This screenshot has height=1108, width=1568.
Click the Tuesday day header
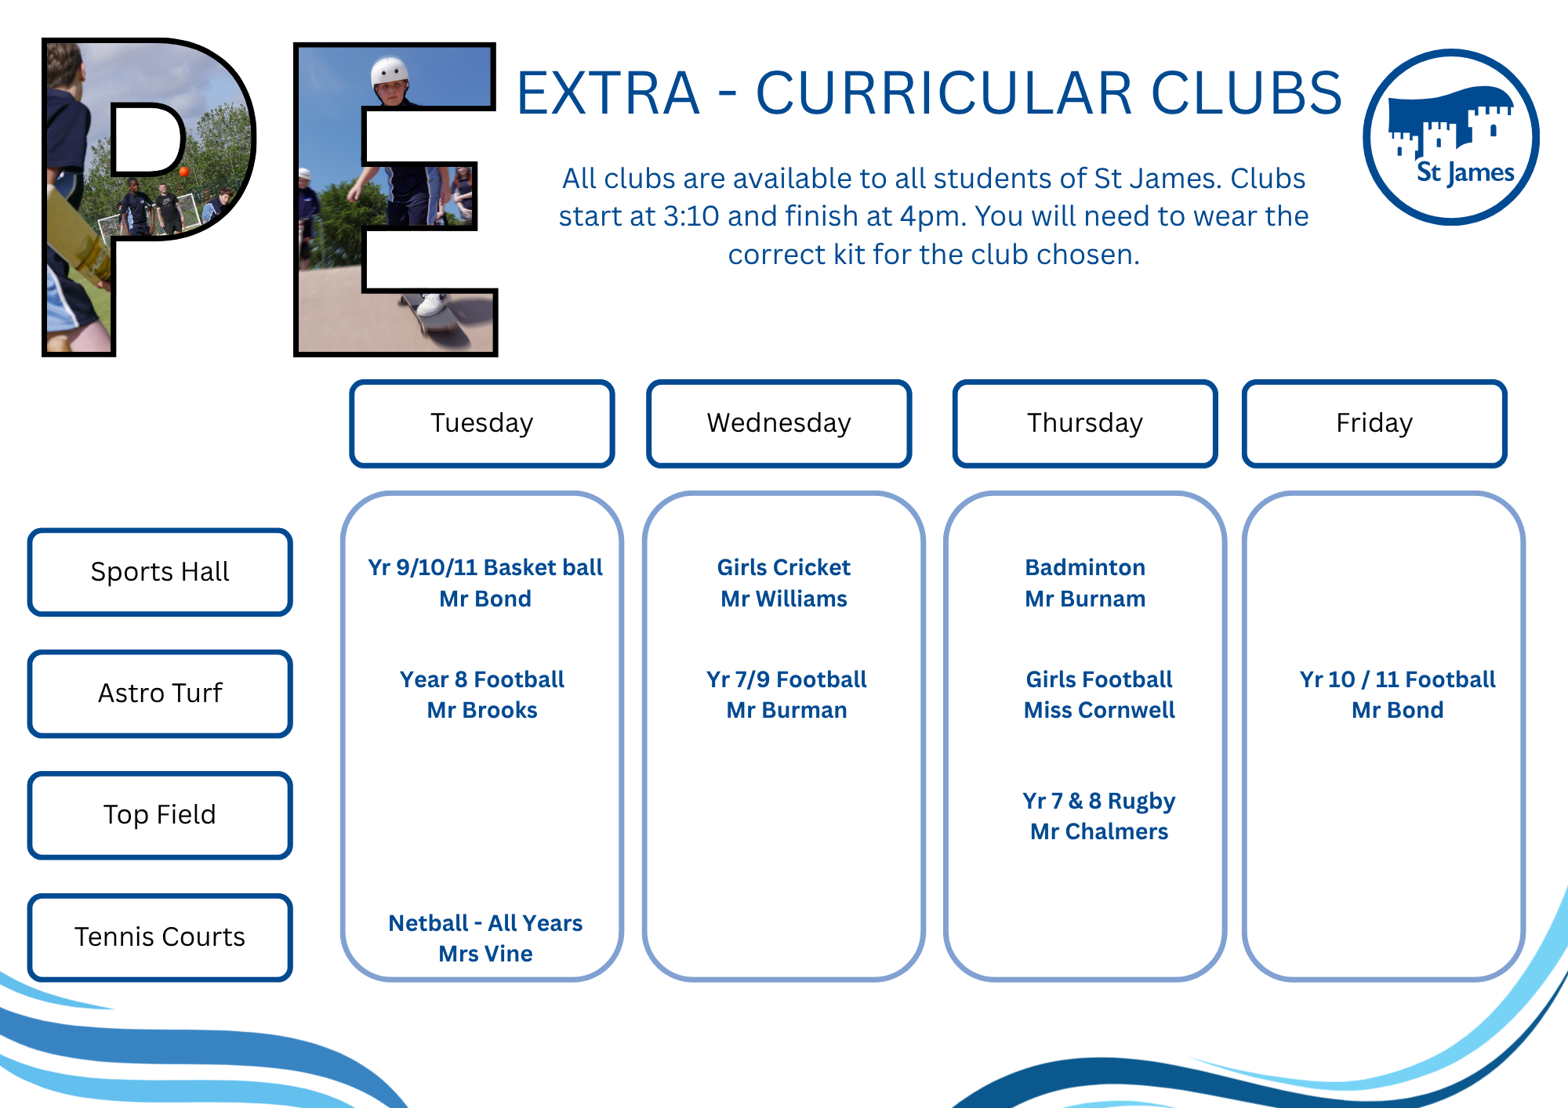tap(481, 423)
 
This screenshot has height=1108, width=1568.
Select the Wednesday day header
tap(779, 423)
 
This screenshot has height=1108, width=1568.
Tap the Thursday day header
tap(1085, 423)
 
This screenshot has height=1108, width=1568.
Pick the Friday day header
tap(1374, 423)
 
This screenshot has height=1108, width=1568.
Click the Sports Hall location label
tap(160, 572)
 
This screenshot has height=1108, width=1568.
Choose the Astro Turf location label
tap(160, 693)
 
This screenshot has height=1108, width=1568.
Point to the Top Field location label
tap(160, 815)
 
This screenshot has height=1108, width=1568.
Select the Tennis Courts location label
tap(160, 937)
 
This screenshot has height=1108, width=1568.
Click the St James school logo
tap(1451, 137)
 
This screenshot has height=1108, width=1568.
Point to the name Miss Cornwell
tap(1099, 710)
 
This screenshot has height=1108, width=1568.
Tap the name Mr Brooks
tap(482, 710)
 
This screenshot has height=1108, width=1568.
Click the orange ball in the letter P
tap(183, 172)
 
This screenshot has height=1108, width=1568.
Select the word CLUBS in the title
tap(1247, 93)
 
